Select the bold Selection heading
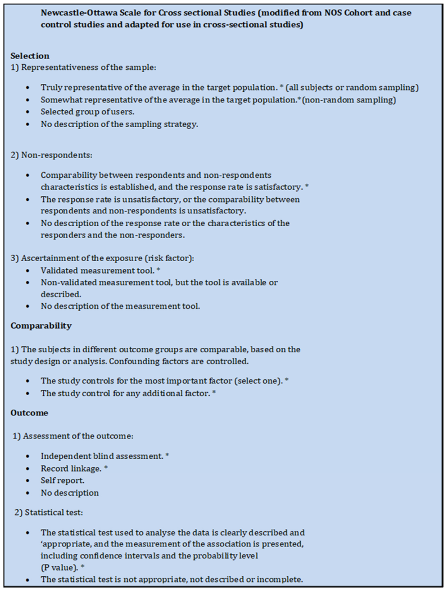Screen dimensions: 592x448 (30, 56)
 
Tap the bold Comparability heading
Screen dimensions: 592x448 (41, 325)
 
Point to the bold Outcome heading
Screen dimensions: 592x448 (29, 412)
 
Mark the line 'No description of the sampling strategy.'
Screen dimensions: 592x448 (119, 124)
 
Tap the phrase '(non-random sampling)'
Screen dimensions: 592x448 (334, 100)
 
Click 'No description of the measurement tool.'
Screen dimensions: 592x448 (120, 306)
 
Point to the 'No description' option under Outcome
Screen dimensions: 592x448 (70, 493)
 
